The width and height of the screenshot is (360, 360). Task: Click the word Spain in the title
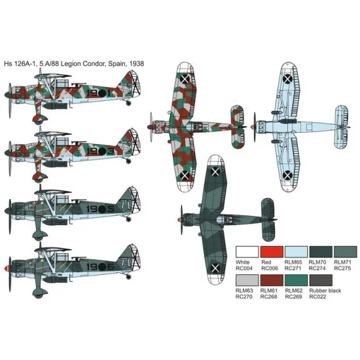coord(114,63)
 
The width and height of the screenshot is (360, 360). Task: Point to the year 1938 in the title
coord(135,63)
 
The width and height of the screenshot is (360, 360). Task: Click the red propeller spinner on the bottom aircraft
coord(6,268)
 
